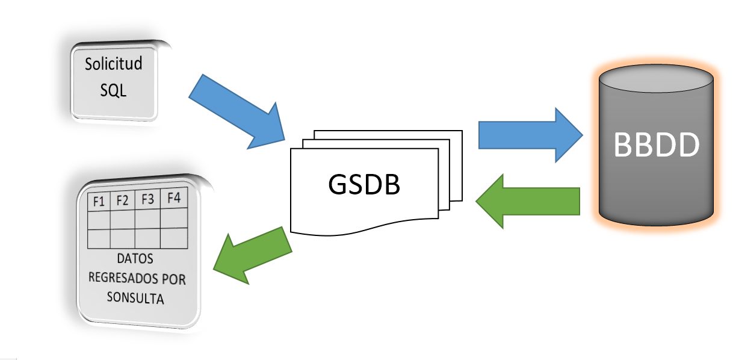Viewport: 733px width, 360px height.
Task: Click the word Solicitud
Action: click(114, 64)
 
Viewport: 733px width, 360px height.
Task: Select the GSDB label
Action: click(364, 185)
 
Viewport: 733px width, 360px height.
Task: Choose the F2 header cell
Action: click(123, 200)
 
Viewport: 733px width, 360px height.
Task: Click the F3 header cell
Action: click(147, 199)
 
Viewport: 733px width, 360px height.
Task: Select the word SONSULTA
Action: click(135, 298)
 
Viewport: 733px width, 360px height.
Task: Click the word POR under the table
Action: click(175, 279)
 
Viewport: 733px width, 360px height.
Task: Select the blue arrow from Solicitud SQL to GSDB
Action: click(238, 111)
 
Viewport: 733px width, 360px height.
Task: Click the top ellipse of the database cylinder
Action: click(657, 76)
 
